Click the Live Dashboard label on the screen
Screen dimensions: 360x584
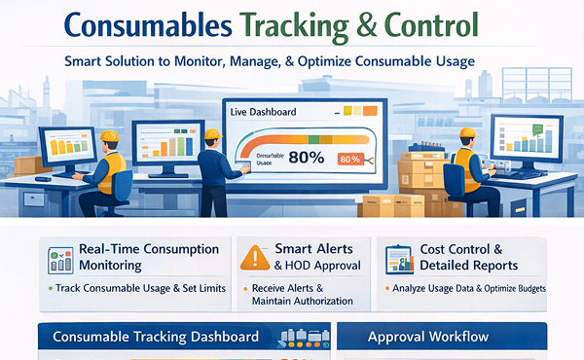click(x=264, y=112)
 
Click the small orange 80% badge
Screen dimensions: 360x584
click(x=349, y=159)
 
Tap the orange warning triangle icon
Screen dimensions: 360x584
click(x=255, y=257)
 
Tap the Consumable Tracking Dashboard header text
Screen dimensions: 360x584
click(x=156, y=337)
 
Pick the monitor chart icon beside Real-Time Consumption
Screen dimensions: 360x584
click(x=61, y=258)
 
